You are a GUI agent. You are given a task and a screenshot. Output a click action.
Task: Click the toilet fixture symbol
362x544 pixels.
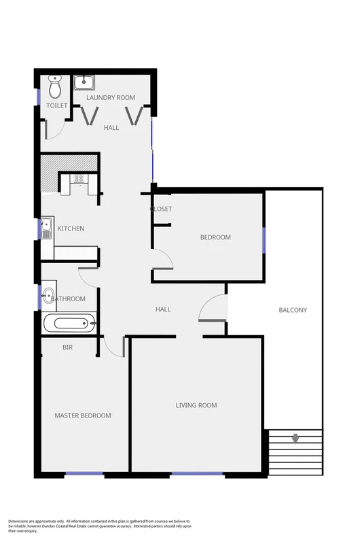(56, 87)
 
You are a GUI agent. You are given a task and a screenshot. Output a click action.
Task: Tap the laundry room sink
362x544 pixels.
(84, 83)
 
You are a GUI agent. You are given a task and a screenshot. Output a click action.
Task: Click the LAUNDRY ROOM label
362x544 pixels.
(111, 98)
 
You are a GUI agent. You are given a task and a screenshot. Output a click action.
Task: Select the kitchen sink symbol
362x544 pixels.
(46, 228)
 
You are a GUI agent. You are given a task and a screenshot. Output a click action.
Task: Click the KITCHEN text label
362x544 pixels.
(71, 228)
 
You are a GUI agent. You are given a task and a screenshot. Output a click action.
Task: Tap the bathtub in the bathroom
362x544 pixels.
(69, 323)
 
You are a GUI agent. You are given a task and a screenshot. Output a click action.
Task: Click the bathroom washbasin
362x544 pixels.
(48, 295)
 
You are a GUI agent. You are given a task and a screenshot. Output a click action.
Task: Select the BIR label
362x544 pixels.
(67, 347)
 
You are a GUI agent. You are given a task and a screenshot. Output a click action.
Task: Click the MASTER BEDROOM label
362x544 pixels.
(83, 415)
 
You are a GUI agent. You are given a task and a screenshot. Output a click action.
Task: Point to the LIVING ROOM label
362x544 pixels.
(196, 405)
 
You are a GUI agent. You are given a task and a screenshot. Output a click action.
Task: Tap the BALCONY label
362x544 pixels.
(293, 310)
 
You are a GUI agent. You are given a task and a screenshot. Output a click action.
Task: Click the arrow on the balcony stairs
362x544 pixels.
(295, 439)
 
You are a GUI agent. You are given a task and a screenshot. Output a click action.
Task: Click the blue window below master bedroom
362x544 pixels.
(84, 473)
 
